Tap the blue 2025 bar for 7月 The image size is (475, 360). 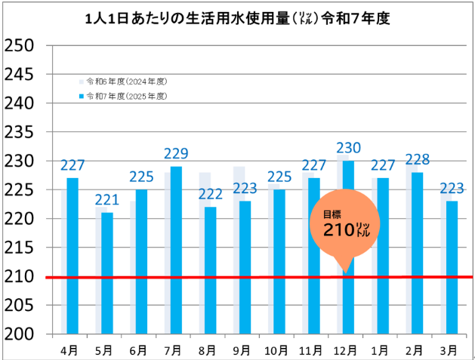pos(176,250)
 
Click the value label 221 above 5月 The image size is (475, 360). pos(106,201)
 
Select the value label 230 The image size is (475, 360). pos(348,149)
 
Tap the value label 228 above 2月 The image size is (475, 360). pos(418,160)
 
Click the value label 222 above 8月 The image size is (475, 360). pos(210,195)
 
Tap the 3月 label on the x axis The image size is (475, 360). pos(449,349)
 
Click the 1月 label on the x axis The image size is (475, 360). pos(380,349)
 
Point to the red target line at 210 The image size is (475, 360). pos(151,277)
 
